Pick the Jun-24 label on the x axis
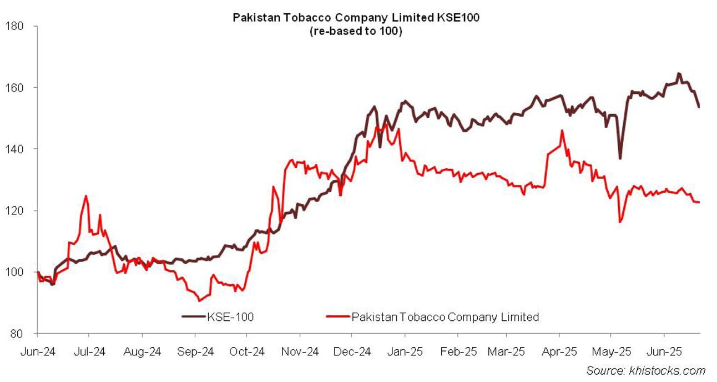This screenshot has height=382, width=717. click(x=37, y=351)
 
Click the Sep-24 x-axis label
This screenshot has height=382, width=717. click(x=195, y=351)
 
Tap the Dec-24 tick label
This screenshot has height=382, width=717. click(x=352, y=351)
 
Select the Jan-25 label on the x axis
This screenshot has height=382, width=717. click(x=405, y=351)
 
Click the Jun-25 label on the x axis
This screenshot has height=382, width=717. click(x=664, y=351)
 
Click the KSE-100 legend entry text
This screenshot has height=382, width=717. click(x=230, y=318)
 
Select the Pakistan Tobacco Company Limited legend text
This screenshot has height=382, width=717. click(x=445, y=318)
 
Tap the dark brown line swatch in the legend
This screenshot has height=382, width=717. click(x=194, y=318)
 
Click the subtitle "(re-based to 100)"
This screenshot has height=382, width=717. click(x=356, y=31)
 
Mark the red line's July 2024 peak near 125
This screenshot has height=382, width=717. click(x=86, y=196)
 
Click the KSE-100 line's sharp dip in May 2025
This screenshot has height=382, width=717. click(x=620, y=158)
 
